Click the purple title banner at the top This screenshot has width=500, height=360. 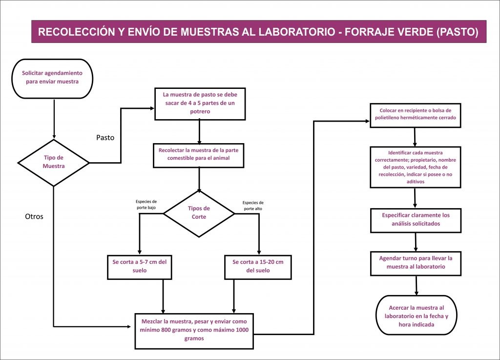[x=259, y=32]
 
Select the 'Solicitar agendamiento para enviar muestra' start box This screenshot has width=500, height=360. [x=52, y=79]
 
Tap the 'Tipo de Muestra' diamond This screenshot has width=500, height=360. [x=54, y=163]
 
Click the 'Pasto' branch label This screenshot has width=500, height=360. [x=105, y=137]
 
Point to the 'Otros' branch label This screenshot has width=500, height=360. [x=34, y=216]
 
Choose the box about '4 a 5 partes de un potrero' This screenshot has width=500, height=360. [x=200, y=104]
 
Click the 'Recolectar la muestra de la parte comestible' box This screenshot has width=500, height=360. [x=199, y=155]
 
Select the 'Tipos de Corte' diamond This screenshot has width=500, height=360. [x=199, y=213]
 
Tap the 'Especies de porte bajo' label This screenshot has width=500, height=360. [x=146, y=204]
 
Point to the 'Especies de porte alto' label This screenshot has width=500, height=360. [x=253, y=205]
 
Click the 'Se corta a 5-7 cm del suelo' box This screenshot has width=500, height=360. [x=140, y=267]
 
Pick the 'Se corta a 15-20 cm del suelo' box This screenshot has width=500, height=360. [x=258, y=267]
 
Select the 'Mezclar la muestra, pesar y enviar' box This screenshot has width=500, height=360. [x=194, y=331]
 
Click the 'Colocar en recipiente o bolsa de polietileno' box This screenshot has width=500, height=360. [x=416, y=115]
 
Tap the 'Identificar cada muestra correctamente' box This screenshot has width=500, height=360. [x=416, y=167]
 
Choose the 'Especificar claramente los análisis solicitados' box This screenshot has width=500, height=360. [x=416, y=220]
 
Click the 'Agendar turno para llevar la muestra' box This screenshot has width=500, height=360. [x=416, y=263]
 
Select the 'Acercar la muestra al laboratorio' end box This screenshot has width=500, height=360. [x=417, y=315]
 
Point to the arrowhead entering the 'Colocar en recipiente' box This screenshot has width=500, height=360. [x=368, y=121]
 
